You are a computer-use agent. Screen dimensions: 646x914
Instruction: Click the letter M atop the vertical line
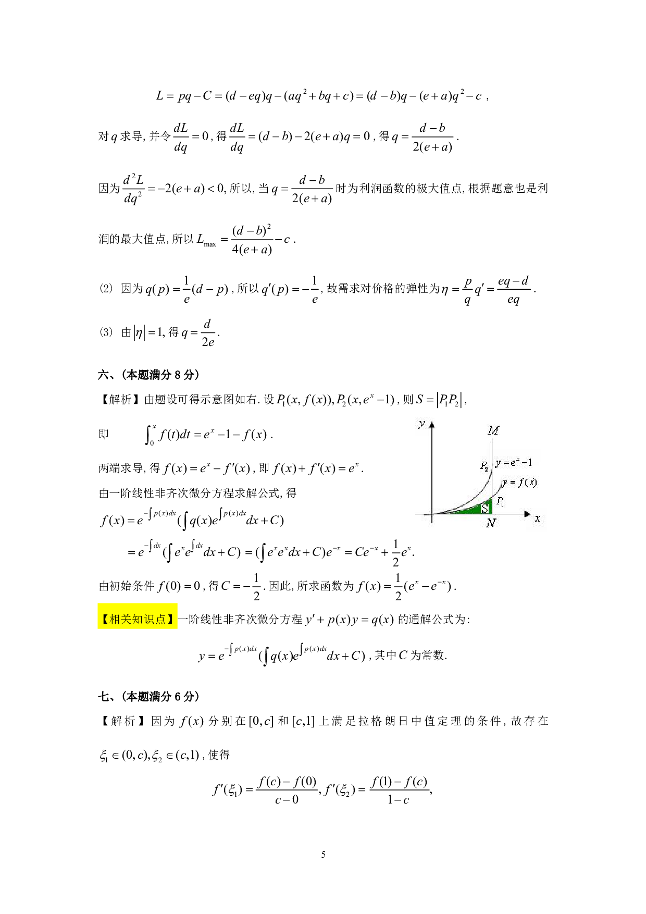point(493,430)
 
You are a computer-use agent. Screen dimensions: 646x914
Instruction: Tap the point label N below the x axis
point(491,523)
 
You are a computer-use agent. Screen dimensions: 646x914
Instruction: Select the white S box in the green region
point(485,507)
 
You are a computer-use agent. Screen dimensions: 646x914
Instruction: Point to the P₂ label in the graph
point(484,466)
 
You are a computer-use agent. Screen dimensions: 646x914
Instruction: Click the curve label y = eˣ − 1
point(514,463)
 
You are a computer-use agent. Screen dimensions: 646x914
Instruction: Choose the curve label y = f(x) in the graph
point(519,483)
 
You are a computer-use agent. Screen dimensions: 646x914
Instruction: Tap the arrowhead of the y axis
point(431,425)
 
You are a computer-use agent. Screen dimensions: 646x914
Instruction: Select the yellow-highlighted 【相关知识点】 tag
point(138,619)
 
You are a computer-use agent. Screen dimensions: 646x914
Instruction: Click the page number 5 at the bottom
point(323,854)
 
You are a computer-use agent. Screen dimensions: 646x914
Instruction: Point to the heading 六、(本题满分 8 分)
point(148,375)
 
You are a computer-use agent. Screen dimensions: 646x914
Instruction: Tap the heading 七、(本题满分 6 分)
point(148,697)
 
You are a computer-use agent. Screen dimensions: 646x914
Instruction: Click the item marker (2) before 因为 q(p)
point(106,289)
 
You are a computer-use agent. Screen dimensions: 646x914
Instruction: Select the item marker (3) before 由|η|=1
point(106,332)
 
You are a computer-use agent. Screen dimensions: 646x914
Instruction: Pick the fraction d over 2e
point(207,333)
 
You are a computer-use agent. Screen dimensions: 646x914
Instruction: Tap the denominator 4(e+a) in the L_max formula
point(252,250)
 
